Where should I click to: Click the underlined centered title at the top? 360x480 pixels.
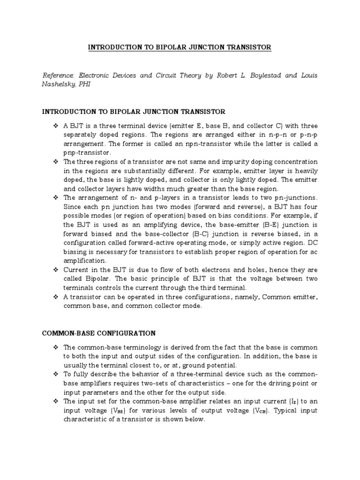coord(180,47)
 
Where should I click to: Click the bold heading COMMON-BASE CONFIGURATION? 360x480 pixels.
coord(99,333)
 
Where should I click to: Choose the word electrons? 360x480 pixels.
coord(200,270)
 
